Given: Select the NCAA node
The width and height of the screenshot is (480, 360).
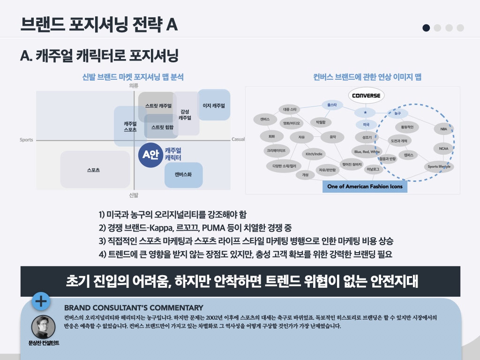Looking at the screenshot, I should [x=443, y=149].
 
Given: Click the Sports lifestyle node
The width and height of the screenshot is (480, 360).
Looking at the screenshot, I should [x=439, y=166].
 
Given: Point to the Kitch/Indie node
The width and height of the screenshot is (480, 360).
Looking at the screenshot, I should [x=314, y=154].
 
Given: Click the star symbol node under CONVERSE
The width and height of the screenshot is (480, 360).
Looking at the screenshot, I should [x=365, y=113].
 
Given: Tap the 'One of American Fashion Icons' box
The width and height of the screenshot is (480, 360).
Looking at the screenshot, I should [x=365, y=186].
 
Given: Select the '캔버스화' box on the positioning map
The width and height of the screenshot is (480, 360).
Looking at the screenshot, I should [x=183, y=174].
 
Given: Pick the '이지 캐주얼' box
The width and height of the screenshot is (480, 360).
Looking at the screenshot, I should [x=214, y=105].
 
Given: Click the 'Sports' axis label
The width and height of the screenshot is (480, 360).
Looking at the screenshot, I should [x=26, y=140].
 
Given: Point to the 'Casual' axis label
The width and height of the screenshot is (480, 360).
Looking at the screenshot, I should [x=238, y=139].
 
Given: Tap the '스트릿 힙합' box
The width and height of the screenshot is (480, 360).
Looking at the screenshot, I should [x=162, y=127].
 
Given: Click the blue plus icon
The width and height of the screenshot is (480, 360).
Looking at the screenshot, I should [x=41, y=301].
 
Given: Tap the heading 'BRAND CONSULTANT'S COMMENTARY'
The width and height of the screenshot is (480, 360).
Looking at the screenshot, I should [x=134, y=308].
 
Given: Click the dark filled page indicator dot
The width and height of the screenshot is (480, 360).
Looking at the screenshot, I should [x=426, y=28].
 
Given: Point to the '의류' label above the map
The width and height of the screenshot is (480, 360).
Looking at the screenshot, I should [x=134, y=85].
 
